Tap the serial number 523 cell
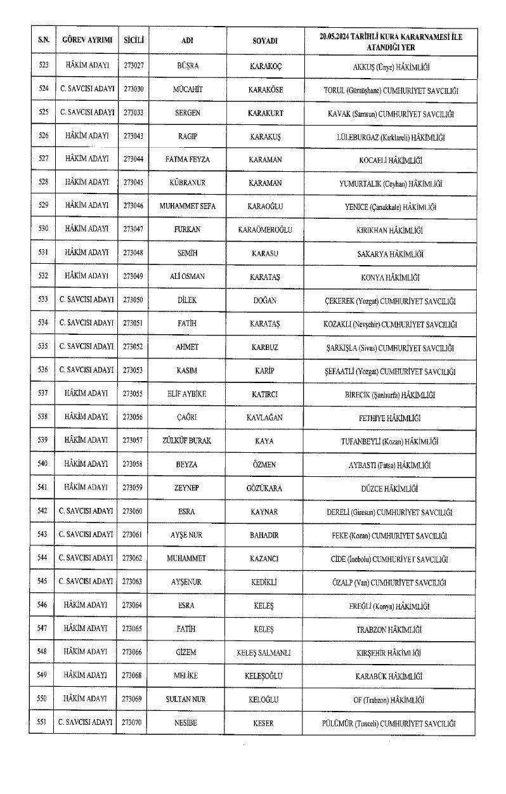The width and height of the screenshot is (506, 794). tap(44, 65)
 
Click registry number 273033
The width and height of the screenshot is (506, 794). tap(133, 112)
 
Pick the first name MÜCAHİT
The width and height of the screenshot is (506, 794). tap(188, 89)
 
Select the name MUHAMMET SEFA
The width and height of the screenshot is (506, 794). tap(188, 206)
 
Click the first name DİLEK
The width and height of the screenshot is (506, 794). tap(188, 300)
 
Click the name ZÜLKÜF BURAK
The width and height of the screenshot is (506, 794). tap(188, 441)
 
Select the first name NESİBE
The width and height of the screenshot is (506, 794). tap(188, 722)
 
